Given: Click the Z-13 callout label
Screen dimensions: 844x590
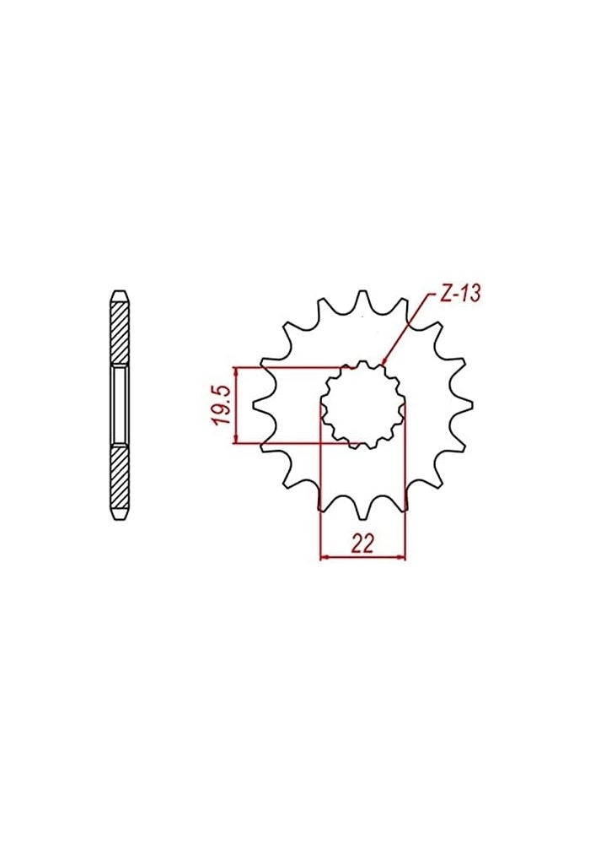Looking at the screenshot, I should (459, 295).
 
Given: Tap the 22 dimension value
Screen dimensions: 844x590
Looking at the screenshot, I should (362, 544).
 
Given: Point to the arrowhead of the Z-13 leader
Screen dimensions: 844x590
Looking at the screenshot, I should (384, 361).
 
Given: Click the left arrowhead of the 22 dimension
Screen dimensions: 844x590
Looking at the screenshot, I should (324, 556).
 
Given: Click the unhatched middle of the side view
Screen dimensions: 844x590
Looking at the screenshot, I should (120, 404).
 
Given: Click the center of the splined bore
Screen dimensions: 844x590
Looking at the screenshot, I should (363, 403).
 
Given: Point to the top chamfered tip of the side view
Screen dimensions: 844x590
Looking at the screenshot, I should (120, 295).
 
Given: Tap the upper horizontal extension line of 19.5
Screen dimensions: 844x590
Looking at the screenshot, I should (287, 367).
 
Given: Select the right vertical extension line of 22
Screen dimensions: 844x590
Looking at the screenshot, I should (405, 481).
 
